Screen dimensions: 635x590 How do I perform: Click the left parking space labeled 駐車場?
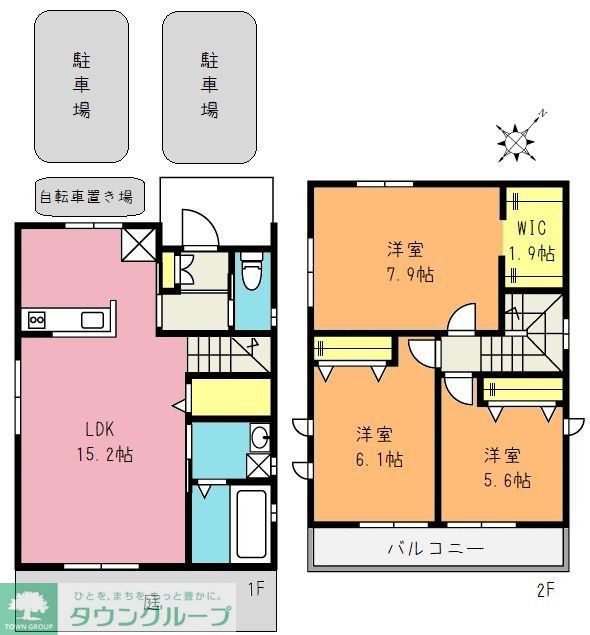tap(82, 87)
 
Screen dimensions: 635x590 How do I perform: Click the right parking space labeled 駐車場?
tap(209, 87)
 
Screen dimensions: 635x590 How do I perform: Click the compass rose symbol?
tap(515, 143)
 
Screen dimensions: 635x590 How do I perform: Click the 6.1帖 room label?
tap(379, 447)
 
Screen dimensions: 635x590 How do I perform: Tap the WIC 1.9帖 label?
tap(532, 240)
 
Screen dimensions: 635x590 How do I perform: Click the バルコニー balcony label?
tap(436, 549)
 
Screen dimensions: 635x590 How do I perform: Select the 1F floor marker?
tap(255, 588)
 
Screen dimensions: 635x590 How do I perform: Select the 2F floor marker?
tap(544, 589)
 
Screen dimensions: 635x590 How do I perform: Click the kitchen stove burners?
tap(37, 320)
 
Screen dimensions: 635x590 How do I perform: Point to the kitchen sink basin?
tap(93, 320)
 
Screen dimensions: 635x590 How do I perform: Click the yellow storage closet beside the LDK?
tap(231, 398)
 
